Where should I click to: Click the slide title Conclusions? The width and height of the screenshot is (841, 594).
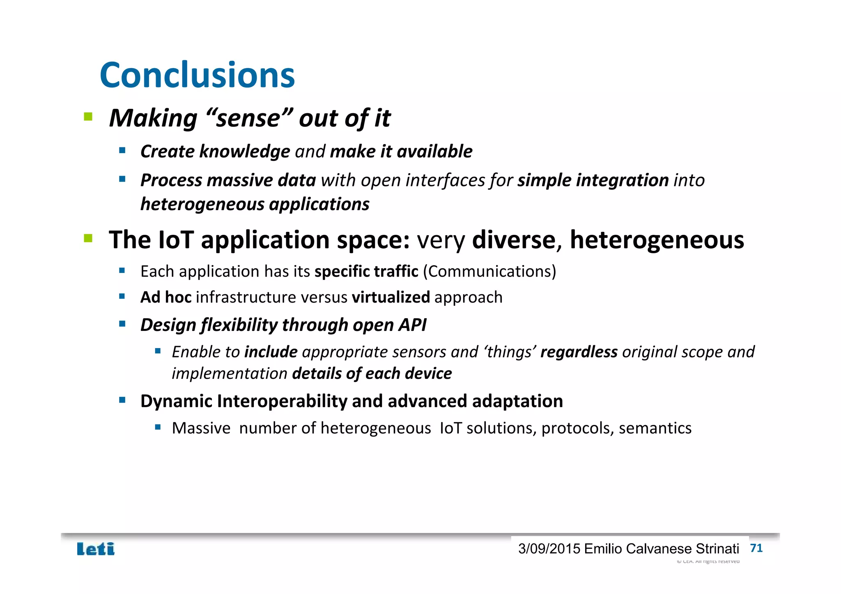click(197, 75)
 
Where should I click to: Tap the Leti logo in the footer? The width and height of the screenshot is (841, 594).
click(96, 549)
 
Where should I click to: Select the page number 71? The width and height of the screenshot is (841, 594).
click(756, 548)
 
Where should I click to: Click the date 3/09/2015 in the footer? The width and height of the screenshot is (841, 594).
click(549, 549)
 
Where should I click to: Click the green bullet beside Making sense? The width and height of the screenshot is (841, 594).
click(88, 117)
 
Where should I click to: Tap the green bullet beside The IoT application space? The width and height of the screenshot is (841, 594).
click(88, 238)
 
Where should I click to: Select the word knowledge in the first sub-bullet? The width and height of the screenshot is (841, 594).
click(245, 151)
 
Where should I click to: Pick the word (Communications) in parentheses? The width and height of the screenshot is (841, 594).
click(489, 271)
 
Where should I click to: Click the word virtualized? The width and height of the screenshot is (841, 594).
click(391, 297)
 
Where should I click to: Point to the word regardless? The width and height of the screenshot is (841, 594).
click(579, 352)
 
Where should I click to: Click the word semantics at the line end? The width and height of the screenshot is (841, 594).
click(655, 428)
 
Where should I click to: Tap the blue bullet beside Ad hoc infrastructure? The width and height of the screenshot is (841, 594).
click(122, 296)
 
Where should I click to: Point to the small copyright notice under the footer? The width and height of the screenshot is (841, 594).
click(708, 561)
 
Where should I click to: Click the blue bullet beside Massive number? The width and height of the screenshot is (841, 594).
click(158, 427)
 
